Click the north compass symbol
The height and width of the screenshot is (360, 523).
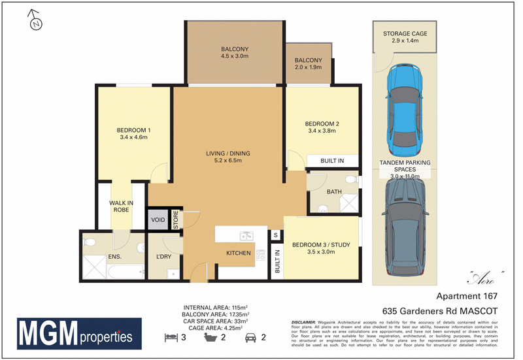pyautogui.click(x=37, y=23)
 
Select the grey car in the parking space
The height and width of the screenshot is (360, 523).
pyautogui.click(x=405, y=229)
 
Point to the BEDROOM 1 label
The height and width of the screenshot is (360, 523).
pyautogui.click(x=134, y=130)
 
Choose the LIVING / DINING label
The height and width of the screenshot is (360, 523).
pyautogui.click(x=228, y=154)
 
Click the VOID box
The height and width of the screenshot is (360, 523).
pyautogui.click(x=158, y=220)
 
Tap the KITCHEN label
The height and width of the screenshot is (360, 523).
pyautogui.click(x=239, y=253)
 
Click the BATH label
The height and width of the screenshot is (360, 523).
pyautogui.click(x=334, y=192)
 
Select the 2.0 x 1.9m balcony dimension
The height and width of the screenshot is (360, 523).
pyautogui.click(x=308, y=67)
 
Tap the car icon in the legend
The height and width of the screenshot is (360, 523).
pyautogui.click(x=250, y=337)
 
